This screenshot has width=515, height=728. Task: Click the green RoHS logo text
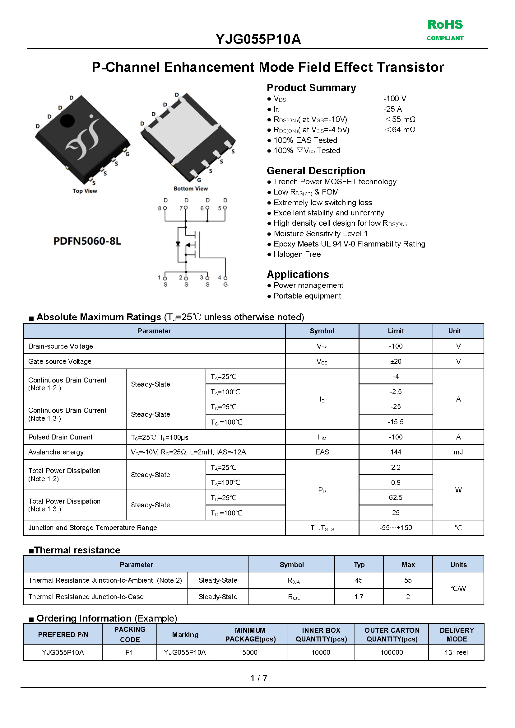pyautogui.click(x=445, y=25)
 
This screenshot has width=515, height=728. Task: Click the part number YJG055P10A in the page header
pyautogui.click(x=258, y=39)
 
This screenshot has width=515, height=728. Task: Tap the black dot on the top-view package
pyautogui.click(x=67, y=120)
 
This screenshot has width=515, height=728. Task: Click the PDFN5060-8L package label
pyautogui.click(x=87, y=241)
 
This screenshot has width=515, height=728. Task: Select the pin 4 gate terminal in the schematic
pyautogui.click(x=225, y=278)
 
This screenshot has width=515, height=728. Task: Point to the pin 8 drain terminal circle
pyautogui.click(x=165, y=208)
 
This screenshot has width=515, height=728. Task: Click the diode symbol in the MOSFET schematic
pyautogui.click(x=178, y=244)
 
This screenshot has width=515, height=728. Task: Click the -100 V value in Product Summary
pyautogui.click(x=395, y=99)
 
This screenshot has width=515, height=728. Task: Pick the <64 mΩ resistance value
pyautogui.click(x=400, y=130)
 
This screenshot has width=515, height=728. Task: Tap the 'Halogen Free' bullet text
pyautogui.click(x=297, y=254)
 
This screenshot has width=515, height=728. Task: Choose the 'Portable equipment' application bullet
pyautogui.click(x=307, y=296)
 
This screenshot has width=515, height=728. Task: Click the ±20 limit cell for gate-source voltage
pyautogui.click(x=396, y=361)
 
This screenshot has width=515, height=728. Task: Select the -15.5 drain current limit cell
pyautogui.click(x=396, y=422)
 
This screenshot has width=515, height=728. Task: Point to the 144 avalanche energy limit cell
pyautogui.click(x=396, y=452)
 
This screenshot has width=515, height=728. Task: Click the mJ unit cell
pyautogui.click(x=458, y=452)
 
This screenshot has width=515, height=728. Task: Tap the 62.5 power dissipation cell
pyautogui.click(x=396, y=497)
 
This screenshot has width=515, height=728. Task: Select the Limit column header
pyautogui.click(x=396, y=331)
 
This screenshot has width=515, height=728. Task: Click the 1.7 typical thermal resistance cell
pyautogui.click(x=359, y=597)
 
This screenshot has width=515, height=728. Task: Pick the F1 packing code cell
pyautogui.click(x=129, y=652)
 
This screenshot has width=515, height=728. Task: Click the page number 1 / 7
pyautogui.click(x=258, y=678)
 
